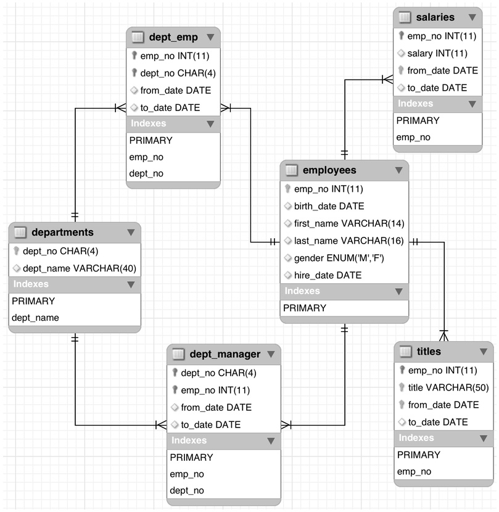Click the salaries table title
pos(435,17)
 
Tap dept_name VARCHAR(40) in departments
pos(79,268)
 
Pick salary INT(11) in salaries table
pos(437,54)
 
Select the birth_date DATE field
pos(329,206)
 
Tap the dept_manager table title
pos(225,354)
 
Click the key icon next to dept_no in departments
pos(16,252)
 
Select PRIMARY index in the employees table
pos(305,308)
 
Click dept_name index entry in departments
pos(35,318)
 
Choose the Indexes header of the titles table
pos(416,438)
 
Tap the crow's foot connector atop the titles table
pos(444,335)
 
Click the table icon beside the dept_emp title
pos(138,37)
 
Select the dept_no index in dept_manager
pos(186,490)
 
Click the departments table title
pos(62,233)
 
